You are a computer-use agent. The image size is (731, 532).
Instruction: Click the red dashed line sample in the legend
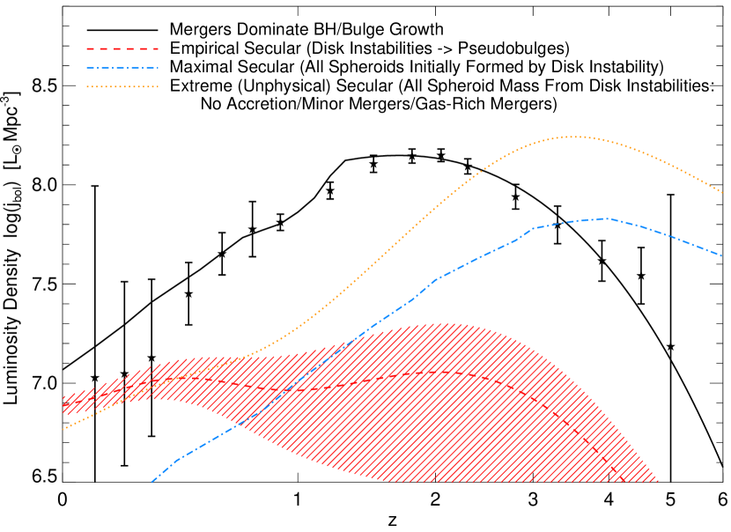coord(122,48)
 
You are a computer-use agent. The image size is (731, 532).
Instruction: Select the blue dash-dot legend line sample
coord(122,68)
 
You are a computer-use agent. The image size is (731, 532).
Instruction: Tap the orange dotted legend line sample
coord(122,87)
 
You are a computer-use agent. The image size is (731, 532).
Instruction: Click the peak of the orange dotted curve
coord(574,137)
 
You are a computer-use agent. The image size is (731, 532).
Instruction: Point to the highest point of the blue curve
coord(604,218)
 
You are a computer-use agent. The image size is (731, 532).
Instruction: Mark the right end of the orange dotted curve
coord(723,192)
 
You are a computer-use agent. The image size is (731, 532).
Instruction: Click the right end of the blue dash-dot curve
coord(722,255)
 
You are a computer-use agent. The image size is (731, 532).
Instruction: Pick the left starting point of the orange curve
coord(63,429)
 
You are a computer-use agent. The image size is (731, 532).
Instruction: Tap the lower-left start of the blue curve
coord(151,482)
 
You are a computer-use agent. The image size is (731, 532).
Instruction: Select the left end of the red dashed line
coord(63,405)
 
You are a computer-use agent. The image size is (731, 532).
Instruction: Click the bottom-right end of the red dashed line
coord(624,481)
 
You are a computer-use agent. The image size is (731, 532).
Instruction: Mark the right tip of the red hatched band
coord(657,482)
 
